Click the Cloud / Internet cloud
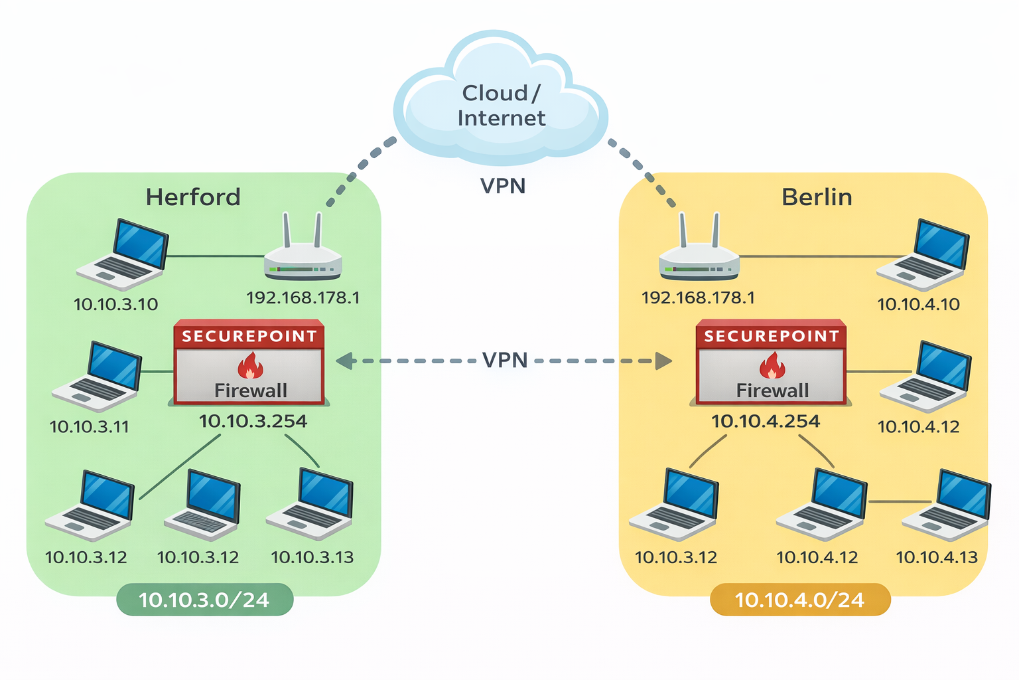tap(501, 100)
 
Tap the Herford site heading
tap(193, 197)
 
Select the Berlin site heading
tap(817, 197)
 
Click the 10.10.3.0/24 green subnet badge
tap(204, 600)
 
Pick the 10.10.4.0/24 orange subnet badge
tap(799, 600)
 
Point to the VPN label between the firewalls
tap(505, 361)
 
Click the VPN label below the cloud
tap(503, 186)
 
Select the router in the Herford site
tap(303, 256)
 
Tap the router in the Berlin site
tap(699, 256)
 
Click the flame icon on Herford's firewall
tap(250, 366)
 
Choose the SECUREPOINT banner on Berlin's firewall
tap(771, 336)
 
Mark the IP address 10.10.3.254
tap(253, 421)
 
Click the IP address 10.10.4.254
tap(766, 421)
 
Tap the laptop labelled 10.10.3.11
tap(98, 377)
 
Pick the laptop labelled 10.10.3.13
tap(310, 503)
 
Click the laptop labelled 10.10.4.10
tap(923, 255)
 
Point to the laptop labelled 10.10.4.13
tap(947, 505)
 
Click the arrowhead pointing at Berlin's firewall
tap(663, 361)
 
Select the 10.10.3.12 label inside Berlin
tap(676, 557)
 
